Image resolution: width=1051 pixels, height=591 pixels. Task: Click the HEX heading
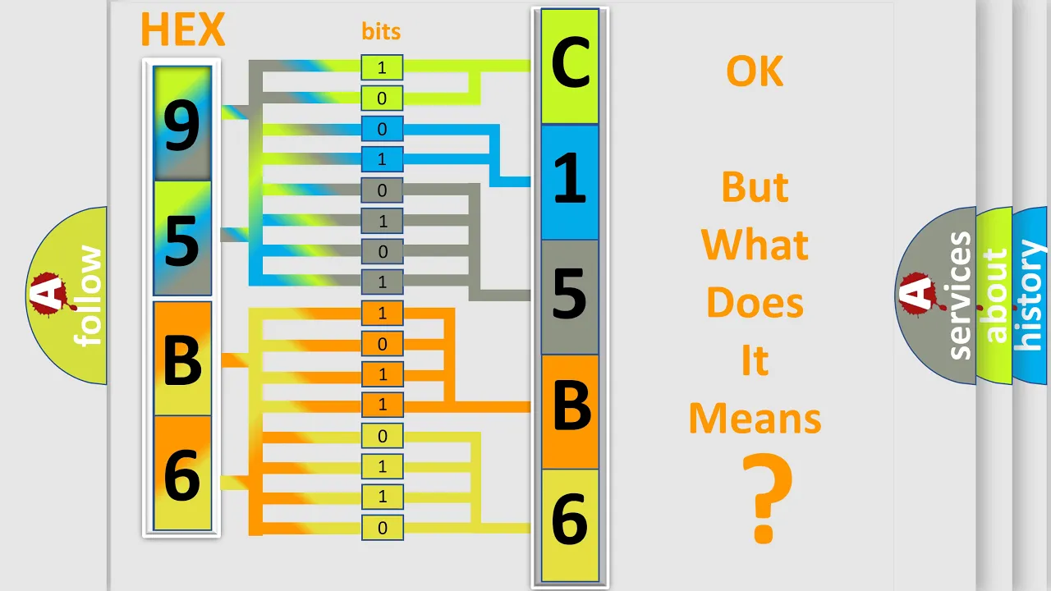(x=183, y=29)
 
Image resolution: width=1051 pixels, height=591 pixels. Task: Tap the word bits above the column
(x=381, y=31)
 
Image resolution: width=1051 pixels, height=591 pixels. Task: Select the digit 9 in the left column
(x=182, y=126)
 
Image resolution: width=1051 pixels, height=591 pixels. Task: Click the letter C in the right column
(x=570, y=63)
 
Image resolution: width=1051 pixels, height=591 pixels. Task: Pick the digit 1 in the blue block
(x=570, y=179)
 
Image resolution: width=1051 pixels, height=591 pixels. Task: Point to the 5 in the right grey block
(x=570, y=294)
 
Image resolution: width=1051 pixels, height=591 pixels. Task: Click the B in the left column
(x=183, y=360)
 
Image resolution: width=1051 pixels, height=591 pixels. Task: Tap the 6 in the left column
(x=182, y=475)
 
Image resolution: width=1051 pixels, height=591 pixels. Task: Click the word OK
(x=755, y=71)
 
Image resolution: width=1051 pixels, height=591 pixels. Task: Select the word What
(x=755, y=245)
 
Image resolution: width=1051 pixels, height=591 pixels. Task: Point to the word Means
(x=755, y=419)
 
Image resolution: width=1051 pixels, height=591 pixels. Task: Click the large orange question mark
(x=767, y=498)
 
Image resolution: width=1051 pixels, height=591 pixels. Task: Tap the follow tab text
(x=88, y=295)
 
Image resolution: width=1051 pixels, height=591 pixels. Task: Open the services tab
(x=960, y=295)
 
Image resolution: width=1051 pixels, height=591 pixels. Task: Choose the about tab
(x=996, y=295)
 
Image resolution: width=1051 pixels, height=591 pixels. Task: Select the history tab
(x=1030, y=295)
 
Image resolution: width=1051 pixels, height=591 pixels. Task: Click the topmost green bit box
(x=382, y=67)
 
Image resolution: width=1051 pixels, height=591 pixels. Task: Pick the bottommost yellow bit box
(x=383, y=528)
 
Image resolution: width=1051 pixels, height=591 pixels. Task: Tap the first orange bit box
(x=383, y=313)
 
